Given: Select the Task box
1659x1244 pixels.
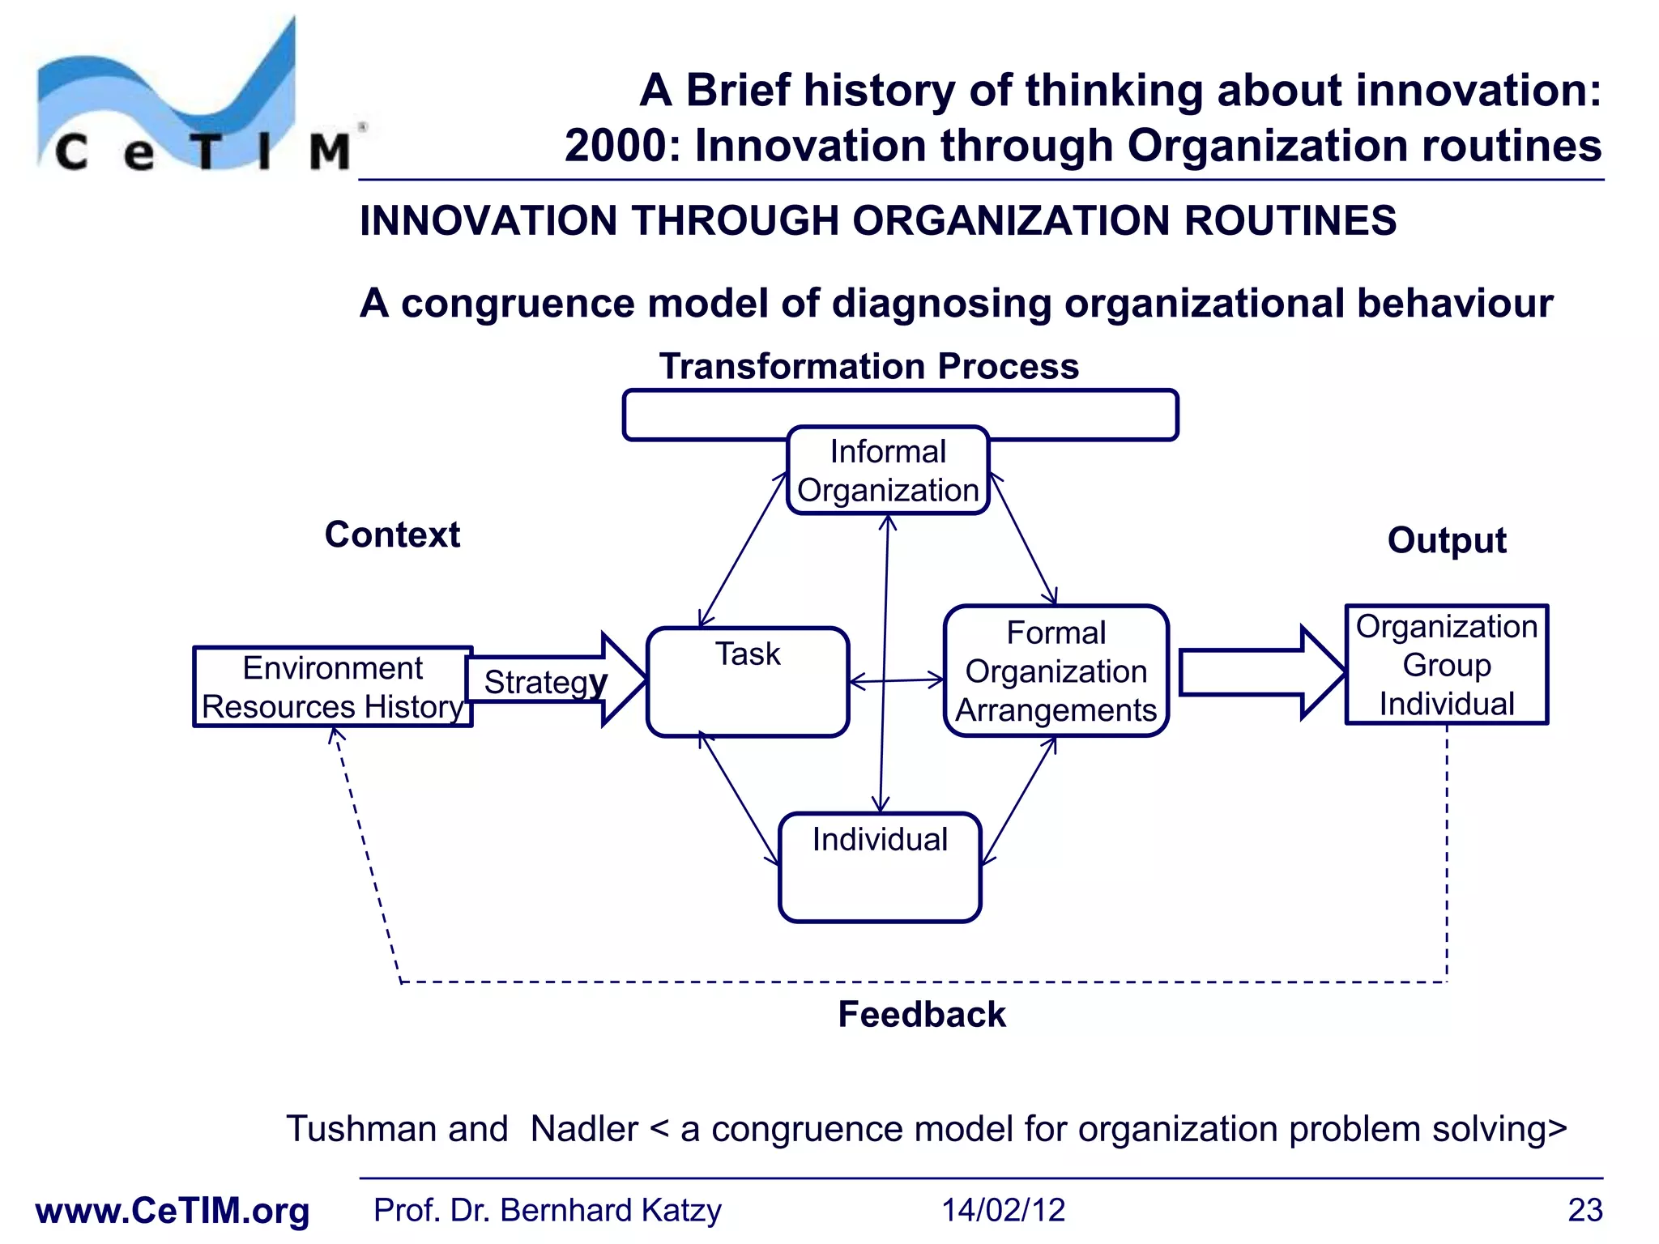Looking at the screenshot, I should (x=748, y=682).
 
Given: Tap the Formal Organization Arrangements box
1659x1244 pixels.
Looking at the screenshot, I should (x=1056, y=671).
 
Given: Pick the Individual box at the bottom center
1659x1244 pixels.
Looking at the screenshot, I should (x=880, y=867).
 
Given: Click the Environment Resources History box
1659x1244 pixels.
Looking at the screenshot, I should (x=332, y=687).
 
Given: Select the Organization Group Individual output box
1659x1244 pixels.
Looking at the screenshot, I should (x=1446, y=665).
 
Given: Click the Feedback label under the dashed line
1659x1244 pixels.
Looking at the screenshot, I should (x=921, y=1015).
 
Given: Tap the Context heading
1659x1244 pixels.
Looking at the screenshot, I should (x=392, y=535).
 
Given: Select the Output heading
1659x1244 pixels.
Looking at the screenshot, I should (x=1446, y=540).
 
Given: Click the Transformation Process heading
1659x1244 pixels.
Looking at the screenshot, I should (x=868, y=366).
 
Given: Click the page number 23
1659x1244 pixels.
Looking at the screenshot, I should (x=1584, y=1210).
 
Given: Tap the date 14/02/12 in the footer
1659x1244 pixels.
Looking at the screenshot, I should (x=1002, y=1210).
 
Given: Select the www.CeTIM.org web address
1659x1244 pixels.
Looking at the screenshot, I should (x=173, y=1211).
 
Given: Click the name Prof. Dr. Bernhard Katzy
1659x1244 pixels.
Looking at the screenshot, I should (x=547, y=1210).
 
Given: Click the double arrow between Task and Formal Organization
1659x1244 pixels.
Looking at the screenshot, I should (x=896, y=681).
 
